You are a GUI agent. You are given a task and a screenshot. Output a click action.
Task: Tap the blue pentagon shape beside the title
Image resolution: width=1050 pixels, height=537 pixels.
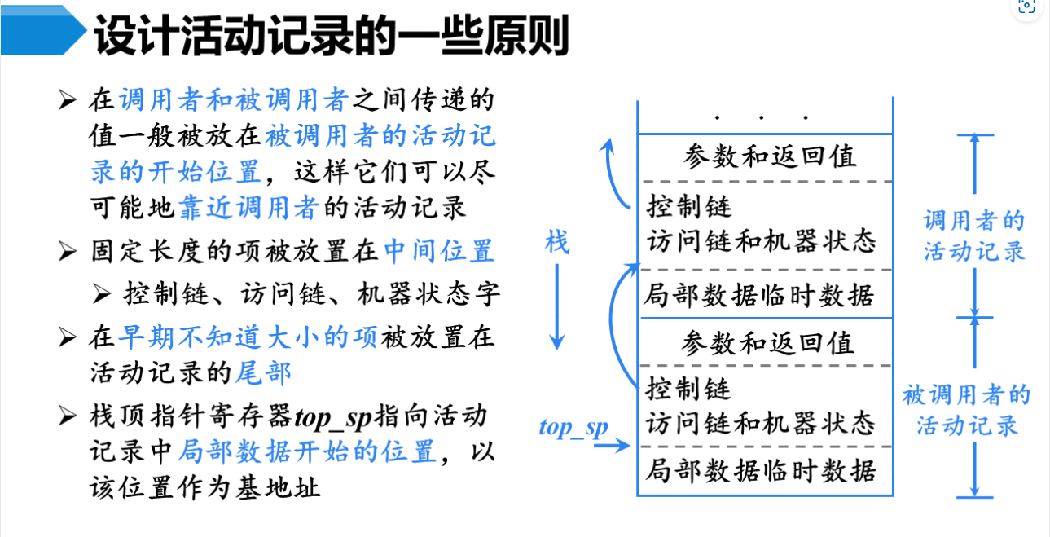click(x=41, y=33)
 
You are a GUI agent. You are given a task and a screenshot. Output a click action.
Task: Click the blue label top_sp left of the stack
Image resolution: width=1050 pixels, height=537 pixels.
click(x=573, y=427)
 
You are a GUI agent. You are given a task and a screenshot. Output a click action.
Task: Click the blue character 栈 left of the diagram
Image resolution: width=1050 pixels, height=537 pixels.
click(x=557, y=242)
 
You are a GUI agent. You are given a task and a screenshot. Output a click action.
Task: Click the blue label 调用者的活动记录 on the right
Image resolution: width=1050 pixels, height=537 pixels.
click(x=973, y=235)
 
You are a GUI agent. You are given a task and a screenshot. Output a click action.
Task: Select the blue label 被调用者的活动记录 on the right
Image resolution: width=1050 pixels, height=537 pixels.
click(x=967, y=410)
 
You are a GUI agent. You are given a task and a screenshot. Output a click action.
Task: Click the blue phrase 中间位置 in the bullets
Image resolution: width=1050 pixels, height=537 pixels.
click(x=439, y=250)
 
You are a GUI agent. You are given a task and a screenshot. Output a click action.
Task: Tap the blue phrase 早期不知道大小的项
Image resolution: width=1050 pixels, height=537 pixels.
click(x=248, y=337)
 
